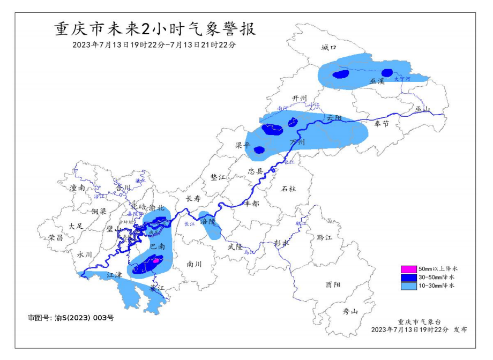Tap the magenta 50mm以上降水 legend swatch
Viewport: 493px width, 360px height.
tap(409, 268)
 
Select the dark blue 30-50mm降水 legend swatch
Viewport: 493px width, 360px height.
tap(409, 277)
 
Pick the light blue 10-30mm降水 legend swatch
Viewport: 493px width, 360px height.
tap(409, 287)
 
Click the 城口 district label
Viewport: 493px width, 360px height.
tap(328, 48)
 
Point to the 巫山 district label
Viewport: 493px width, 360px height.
tap(423, 109)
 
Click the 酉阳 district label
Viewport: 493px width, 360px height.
tap(332, 285)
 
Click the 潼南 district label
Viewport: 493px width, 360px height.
tap(78, 188)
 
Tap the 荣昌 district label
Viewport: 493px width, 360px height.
tap(56, 237)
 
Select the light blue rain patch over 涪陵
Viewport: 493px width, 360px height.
tap(209, 226)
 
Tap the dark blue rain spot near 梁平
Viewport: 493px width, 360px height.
tap(259, 150)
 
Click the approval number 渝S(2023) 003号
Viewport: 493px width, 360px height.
tap(71, 318)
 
